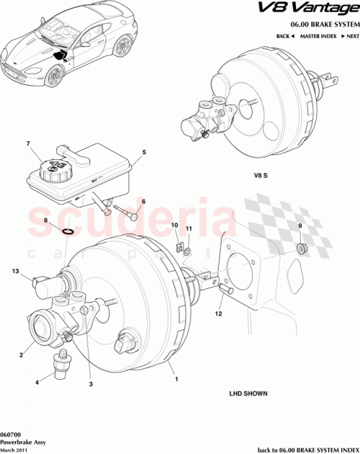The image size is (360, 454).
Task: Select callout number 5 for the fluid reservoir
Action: coord(144,152)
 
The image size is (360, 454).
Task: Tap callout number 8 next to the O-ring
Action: coord(45,221)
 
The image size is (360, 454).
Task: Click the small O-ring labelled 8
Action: coord(66,231)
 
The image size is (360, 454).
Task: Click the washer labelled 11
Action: coord(186,251)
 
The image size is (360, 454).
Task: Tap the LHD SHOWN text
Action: coord(248,394)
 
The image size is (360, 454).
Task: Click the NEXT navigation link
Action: coord(351,35)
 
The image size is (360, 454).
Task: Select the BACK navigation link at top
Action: coord(284,35)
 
